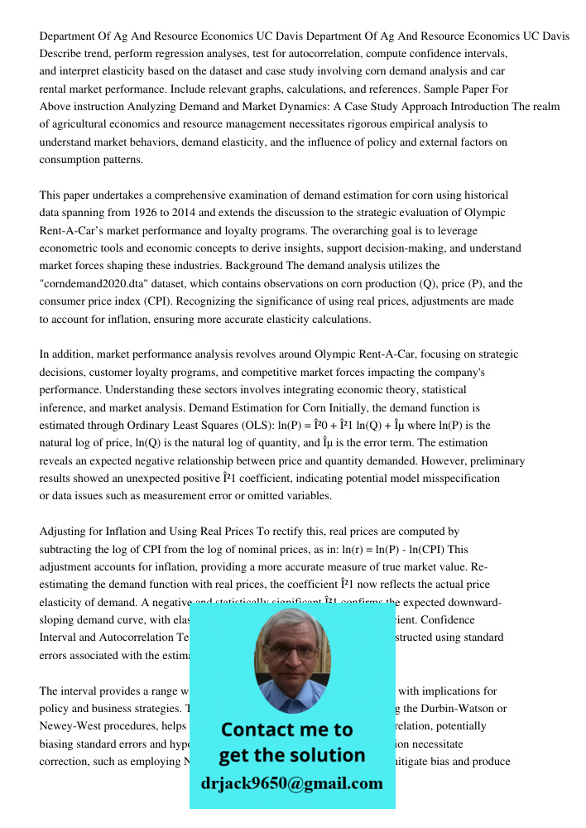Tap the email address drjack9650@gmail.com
click(291, 783)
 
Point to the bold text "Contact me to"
click(286, 729)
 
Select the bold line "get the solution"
click(291, 755)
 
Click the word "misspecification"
click(460, 479)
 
